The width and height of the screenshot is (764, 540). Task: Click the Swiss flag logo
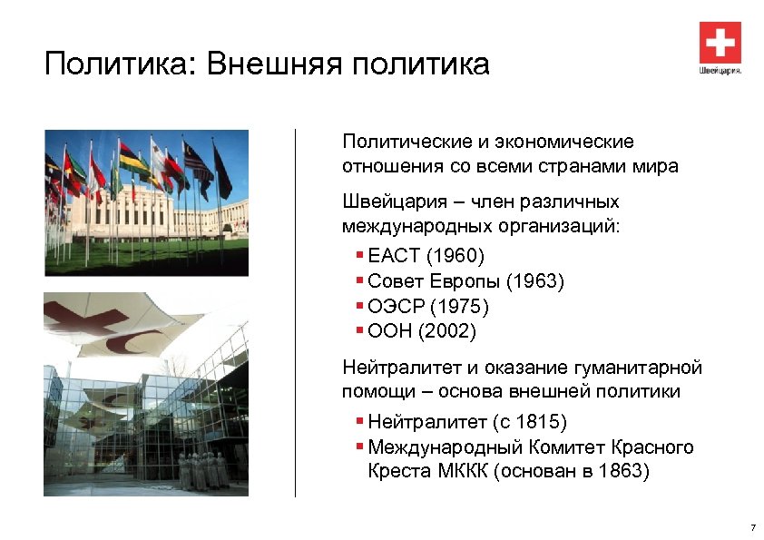tap(720, 42)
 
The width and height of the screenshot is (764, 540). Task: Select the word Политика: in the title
tap(121, 64)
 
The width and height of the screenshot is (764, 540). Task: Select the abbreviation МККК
tap(459, 473)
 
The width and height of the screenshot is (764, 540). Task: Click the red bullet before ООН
tap(360, 331)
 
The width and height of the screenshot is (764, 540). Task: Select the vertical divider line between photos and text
tap(296, 313)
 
